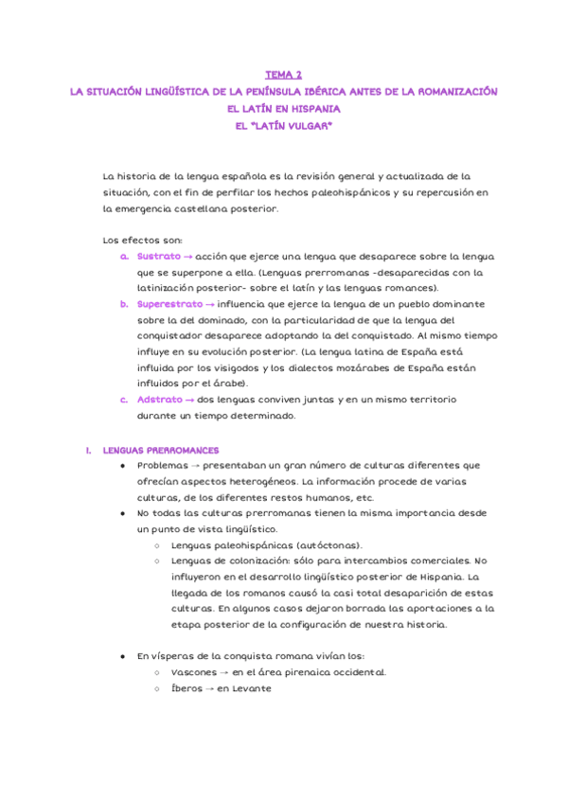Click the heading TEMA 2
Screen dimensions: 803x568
point(284,74)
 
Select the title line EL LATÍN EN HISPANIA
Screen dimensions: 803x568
point(284,108)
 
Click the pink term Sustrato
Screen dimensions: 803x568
point(157,257)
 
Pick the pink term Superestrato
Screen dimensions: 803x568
point(169,304)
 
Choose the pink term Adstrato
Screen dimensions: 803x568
point(159,400)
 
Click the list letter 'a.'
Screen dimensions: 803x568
point(124,257)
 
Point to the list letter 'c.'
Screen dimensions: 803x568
point(124,400)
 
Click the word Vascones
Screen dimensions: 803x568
point(194,672)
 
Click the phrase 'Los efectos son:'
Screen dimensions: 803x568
point(141,240)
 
